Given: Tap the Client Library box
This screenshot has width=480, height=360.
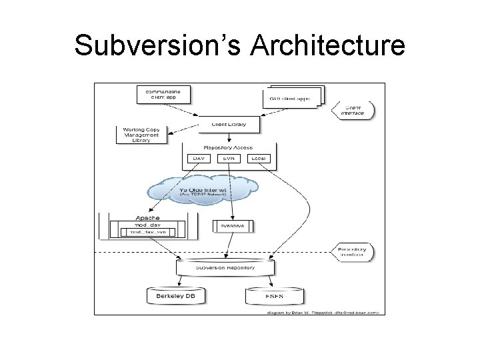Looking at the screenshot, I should (229, 124).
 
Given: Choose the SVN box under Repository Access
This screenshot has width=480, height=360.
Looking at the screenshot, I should (229, 159).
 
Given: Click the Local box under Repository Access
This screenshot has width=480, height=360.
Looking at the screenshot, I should (260, 159).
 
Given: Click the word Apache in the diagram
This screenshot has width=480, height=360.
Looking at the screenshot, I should (147, 218).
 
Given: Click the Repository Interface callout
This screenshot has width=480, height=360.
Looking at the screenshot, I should (352, 251).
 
